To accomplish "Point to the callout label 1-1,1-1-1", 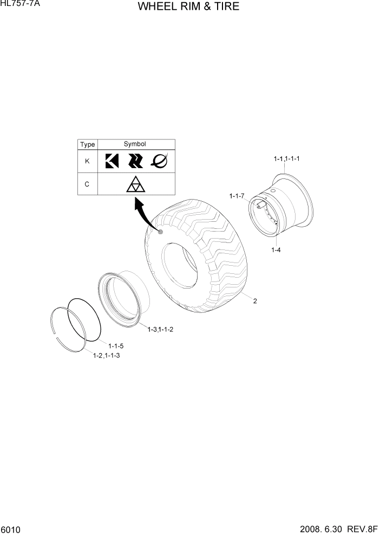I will [x=287, y=159].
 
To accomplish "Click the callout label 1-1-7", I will [x=237, y=195].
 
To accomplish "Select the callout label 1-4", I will [x=277, y=250].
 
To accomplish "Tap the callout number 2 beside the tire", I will [x=254, y=302].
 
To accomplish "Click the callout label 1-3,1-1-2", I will [x=160, y=329].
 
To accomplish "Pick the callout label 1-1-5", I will [x=116, y=345].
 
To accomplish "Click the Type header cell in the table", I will [x=87, y=145].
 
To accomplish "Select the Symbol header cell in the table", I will [x=135, y=144].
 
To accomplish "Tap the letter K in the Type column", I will [x=87, y=161].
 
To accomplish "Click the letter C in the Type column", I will [x=87, y=184].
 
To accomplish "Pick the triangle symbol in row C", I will [x=135, y=185].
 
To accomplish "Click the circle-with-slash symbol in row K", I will [x=159, y=161].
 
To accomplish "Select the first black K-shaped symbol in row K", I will [x=112, y=161].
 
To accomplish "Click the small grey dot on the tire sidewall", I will [x=160, y=232].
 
